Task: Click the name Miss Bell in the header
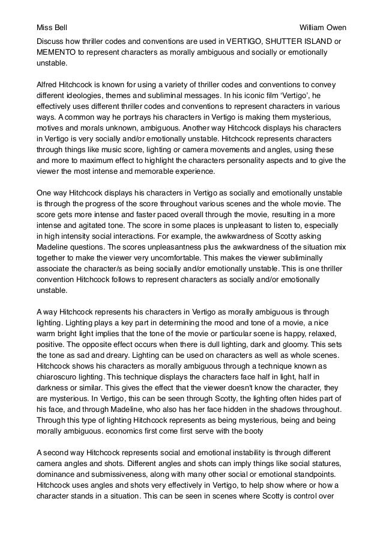pyautogui.click(x=52, y=28)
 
